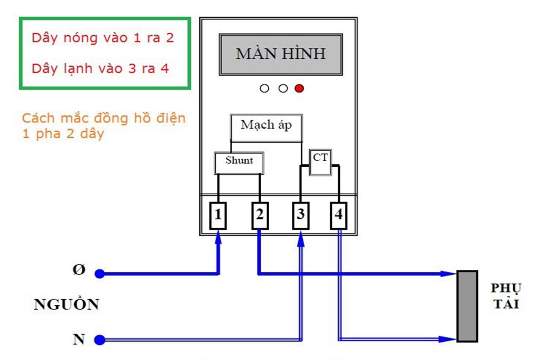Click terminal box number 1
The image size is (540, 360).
click(x=218, y=215)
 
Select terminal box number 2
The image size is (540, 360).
click(x=260, y=215)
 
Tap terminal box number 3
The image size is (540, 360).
click(x=301, y=215)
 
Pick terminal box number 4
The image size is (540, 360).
click(x=339, y=215)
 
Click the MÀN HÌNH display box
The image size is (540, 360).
click(x=281, y=54)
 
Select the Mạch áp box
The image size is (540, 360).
click(x=266, y=128)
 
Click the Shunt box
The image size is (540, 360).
click(x=239, y=163)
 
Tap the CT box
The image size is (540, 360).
click(x=320, y=162)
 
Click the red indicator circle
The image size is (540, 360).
click(x=299, y=88)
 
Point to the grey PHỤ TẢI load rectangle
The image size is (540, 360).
click(x=467, y=306)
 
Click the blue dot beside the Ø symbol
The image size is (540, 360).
click(x=100, y=274)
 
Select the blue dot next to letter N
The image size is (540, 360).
click(x=100, y=340)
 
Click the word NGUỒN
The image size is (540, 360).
click(x=66, y=304)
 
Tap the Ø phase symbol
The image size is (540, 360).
click(x=79, y=270)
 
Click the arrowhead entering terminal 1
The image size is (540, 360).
click(x=218, y=238)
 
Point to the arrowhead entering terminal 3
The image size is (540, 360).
click(x=301, y=240)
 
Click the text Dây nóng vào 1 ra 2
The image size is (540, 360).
click(x=103, y=38)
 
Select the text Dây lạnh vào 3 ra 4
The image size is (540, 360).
click(x=100, y=69)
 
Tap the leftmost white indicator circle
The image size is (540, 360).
click(x=264, y=88)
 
